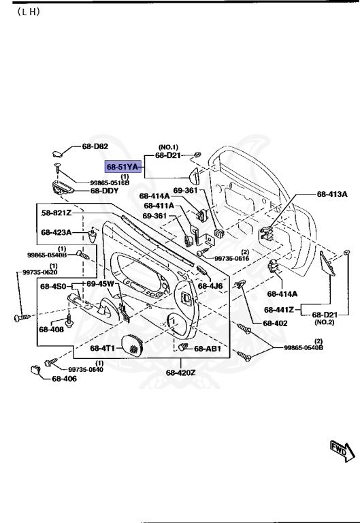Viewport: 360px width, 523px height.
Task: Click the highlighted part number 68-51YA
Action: click(122, 166)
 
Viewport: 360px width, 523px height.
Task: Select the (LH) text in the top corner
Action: click(24, 14)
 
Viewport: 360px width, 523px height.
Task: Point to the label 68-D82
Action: click(95, 147)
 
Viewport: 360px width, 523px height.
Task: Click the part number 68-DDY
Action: click(105, 191)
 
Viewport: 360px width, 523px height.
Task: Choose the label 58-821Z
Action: click(56, 213)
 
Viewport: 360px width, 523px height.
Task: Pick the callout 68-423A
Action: click(56, 232)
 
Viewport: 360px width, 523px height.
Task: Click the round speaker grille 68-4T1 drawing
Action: click(133, 347)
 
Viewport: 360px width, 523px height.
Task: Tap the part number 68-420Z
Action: click(180, 373)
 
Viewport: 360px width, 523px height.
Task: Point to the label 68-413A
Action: click(332, 194)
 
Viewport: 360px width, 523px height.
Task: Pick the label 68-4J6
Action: click(210, 286)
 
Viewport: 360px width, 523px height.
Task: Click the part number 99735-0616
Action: click(231, 259)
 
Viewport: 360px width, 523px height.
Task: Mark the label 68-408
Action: click(51, 330)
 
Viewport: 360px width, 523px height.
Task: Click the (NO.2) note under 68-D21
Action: click(323, 321)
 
